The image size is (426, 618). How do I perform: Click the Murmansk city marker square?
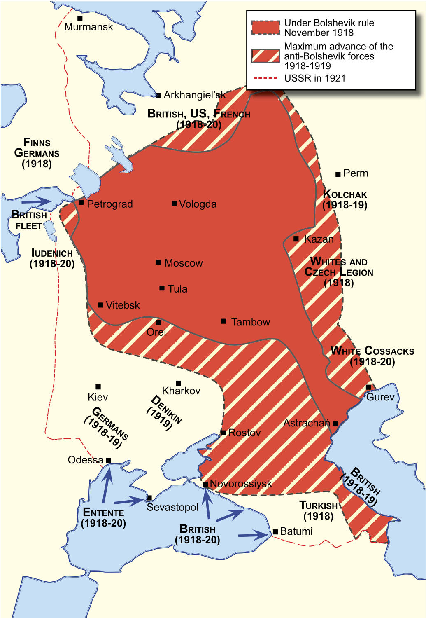(x=80, y=18)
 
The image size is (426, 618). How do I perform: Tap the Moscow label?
(x=183, y=263)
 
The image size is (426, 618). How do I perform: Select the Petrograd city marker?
(x=81, y=202)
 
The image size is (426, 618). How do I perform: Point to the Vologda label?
(x=198, y=204)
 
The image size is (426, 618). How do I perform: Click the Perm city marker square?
(x=338, y=174)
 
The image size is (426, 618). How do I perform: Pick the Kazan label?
(x=319, y=239)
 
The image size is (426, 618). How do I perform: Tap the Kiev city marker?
(x=98, y=387)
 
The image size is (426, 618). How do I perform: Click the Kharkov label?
(x=181, y=391)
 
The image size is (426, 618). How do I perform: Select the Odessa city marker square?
(x=109, y=461)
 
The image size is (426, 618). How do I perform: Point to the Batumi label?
(x=296, y=531)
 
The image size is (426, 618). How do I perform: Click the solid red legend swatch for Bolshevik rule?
(x=265, y=28)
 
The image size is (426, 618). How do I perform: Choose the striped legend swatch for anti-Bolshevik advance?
(x=265, y=56)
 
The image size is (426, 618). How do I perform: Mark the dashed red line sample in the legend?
(x=265, y=78)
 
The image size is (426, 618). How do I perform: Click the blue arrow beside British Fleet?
(x=36, y=202)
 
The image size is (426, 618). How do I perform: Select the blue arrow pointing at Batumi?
(x=254, y=535)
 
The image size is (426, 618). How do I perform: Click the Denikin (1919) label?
(x=164, y=413)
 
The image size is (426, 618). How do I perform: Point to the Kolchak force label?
(x=345, y=199)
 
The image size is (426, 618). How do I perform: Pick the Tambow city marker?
(x=223, y=321)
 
